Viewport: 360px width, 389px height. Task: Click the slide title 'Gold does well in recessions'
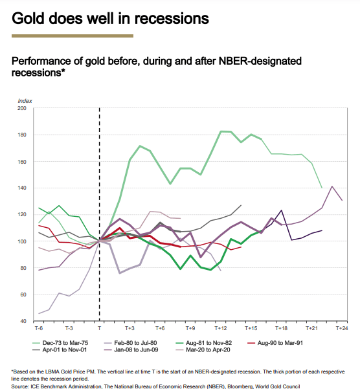[110, 18]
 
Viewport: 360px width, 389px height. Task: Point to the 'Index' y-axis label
[25, 100]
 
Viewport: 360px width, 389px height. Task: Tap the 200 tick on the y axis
[22, 108]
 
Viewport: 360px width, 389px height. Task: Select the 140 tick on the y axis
[22, 188]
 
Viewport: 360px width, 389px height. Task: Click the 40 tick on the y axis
[23, 321]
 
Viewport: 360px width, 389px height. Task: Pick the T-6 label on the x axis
[39, 329]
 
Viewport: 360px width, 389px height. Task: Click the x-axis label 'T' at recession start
[99, 329]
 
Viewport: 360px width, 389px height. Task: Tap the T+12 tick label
[221, 329]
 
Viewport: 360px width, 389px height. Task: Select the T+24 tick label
[342, 329]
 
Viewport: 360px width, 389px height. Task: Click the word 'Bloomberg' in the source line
[246, 386]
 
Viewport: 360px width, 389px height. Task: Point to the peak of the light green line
[221, 131]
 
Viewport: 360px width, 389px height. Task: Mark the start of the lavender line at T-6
[39, 314]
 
